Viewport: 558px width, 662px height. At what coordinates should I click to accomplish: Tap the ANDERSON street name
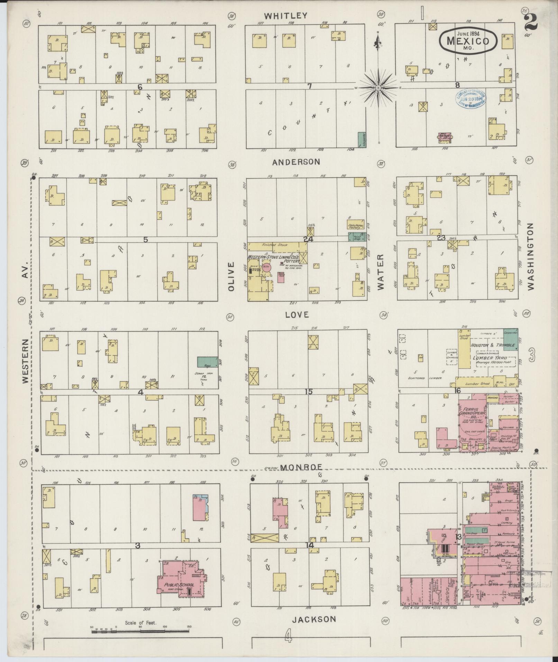click(296, 162)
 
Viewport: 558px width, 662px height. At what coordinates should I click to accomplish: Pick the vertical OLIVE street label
click(231, 276)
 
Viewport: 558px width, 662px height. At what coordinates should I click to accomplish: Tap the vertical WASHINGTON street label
click(531, 256)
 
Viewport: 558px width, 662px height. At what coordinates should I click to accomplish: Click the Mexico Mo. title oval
click(468, 41)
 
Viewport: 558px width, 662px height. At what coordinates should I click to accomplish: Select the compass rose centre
click(378, 88)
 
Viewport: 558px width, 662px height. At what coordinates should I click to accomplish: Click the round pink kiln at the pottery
click(266, 267)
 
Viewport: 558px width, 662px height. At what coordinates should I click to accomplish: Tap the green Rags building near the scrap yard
click(208, 362)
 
